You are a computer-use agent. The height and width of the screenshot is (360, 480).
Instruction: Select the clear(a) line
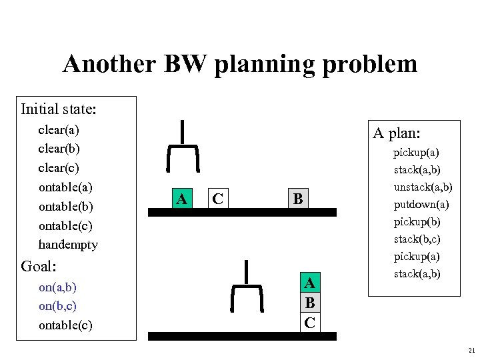pyautogui.click(x=59, y=129)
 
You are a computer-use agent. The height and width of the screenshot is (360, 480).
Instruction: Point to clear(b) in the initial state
pyautogui.click(x=59, y=147)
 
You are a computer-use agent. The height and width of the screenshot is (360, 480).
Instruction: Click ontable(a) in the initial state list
pyautogui.click(x=66, y=187)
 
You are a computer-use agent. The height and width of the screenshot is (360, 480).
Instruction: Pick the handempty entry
pyautogui.click(x=68, y=244)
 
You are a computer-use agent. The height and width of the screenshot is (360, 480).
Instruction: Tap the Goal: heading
pyautogui.click(x=39, y=267)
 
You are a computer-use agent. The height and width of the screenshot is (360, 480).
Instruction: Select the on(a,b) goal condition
pyautogui.click(x=57, y=287)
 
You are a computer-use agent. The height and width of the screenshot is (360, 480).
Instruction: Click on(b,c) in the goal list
pyautogui.click(x=57, y=306)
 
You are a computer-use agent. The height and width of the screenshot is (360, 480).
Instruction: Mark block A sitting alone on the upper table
pyautogui.click(x=180, y=198)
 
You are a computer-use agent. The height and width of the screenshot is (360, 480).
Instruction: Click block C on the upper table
pyautogui.click(x=218, y=198)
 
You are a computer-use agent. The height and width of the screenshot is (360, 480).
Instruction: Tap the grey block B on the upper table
pyautogui.click(x=298, y=198)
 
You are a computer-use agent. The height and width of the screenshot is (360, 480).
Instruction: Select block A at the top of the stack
pyautogui.click(x=309, y=283)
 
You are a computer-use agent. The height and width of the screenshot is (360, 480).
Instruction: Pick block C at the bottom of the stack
pyautogui.click(x=309, y=322)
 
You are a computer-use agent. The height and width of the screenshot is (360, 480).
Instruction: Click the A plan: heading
pyautogui.click(x=395, y=133)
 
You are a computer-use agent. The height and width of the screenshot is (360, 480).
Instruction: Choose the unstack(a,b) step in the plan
pyautogui.click(x=423, y=187)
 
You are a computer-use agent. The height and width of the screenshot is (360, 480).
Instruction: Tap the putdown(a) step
pyautogui.click(x=421, y=204)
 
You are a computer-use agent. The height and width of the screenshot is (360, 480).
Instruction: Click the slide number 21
pyautogui.click(x=471, y=351)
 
